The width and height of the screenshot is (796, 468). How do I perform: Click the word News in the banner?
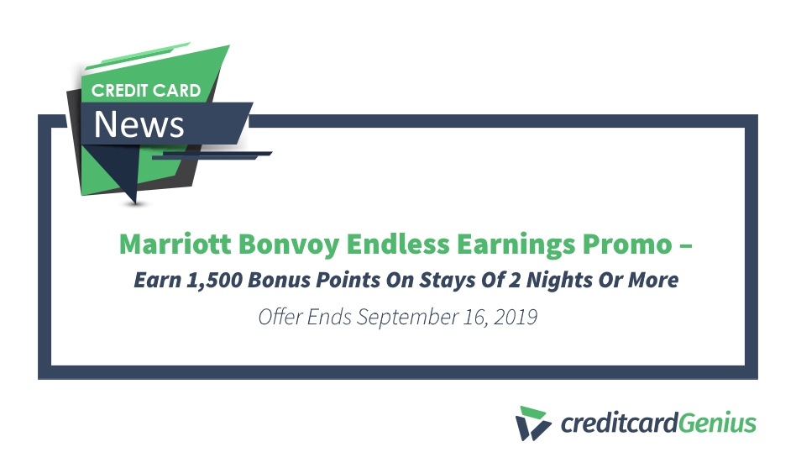pyautogui.click(x=139, y=124)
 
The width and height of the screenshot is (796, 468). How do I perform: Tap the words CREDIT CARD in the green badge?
pyautogui.click(x=146, y=90)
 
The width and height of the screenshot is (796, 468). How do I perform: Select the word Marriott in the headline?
pyautogui.click(x=173, y=245)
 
